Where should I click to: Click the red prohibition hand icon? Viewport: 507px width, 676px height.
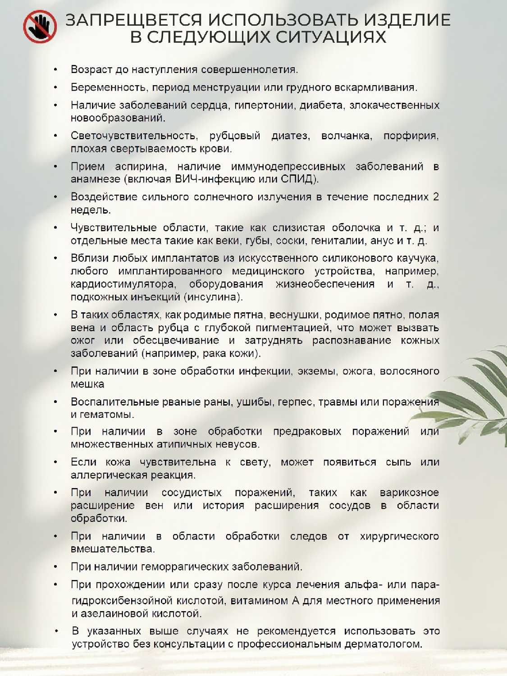[40, 27]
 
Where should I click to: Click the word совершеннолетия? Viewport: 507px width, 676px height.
[249, 70]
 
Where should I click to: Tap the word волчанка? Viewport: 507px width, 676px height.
[346, 136]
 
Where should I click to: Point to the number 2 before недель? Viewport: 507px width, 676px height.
[435, 197]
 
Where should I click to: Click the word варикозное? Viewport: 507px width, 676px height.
[409, 493]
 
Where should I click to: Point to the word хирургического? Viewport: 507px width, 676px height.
[399, 536]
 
